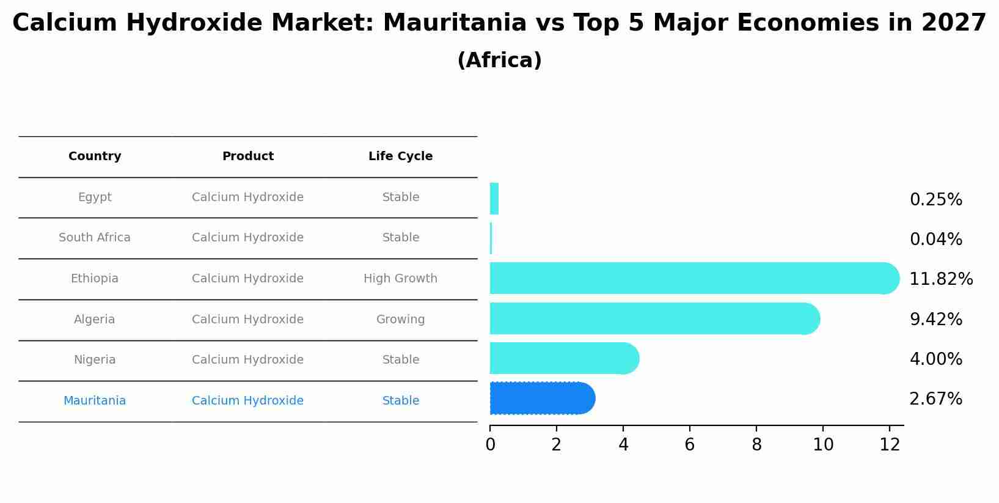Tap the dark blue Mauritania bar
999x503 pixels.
[541, 398]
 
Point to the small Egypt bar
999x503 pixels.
[494, 199]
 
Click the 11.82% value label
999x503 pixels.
[941, 279]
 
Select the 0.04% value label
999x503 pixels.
[935, 240]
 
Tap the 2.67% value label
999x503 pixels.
[935, 399]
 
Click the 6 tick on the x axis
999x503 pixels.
[690, 445]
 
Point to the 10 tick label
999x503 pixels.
[823, 445]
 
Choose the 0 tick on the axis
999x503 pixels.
[490, 445]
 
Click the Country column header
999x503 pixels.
[95, 156]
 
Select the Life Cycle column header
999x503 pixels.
[400, 156]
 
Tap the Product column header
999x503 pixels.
[247, 156]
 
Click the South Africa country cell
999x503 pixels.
[95, 238]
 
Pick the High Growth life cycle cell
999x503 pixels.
[400, 279]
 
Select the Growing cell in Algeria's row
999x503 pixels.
[400, 320]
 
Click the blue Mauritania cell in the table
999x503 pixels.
[95, 401]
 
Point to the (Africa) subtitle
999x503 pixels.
[499, 61]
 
